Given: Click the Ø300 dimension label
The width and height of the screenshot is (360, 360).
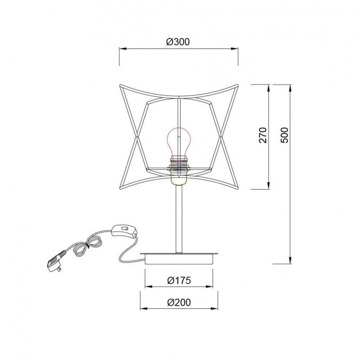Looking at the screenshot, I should tap(178, 42).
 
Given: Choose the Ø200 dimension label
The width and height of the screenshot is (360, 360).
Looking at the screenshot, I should tap(178, 301).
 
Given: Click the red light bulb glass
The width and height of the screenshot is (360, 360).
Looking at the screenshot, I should tap(179, 141).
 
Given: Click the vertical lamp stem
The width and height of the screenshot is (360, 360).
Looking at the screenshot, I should tap(179, 218).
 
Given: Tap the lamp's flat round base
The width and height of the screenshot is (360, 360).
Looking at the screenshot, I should tap(179, 258).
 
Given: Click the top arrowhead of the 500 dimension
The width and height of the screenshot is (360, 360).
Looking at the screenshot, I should tap(290, 87).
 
